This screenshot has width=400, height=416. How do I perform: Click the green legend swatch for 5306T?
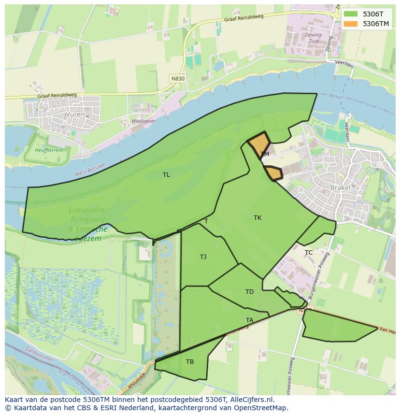click(x=351, y=14)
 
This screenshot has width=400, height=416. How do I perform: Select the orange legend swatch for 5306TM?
click(x=351, y=24)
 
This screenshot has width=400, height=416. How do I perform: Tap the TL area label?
click(x=166, y=175)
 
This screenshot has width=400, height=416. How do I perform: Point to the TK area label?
click(x=257, y=218)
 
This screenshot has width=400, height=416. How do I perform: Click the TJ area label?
click(x=203, y=257)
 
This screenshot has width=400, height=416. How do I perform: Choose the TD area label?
click(x=249, y=291)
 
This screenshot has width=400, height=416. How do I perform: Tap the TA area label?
click(x=249, y=320)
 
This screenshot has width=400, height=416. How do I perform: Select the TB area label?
click(x=190, y=361)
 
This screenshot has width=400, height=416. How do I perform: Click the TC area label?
click(x=309, y=253)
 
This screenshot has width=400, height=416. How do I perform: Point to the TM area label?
click(x=265, y=154)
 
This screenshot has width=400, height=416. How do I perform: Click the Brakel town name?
click(x=340, y=187)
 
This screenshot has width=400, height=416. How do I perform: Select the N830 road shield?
click(x=178, y=78)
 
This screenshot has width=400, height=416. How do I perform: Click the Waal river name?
click(x=335, y=97)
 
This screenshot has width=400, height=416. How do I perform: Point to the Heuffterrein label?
click(x=49, y=150)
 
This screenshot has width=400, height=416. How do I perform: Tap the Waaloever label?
click(x=143, y=121)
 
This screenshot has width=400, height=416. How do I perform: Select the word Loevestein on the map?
click(x=87, y=210)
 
